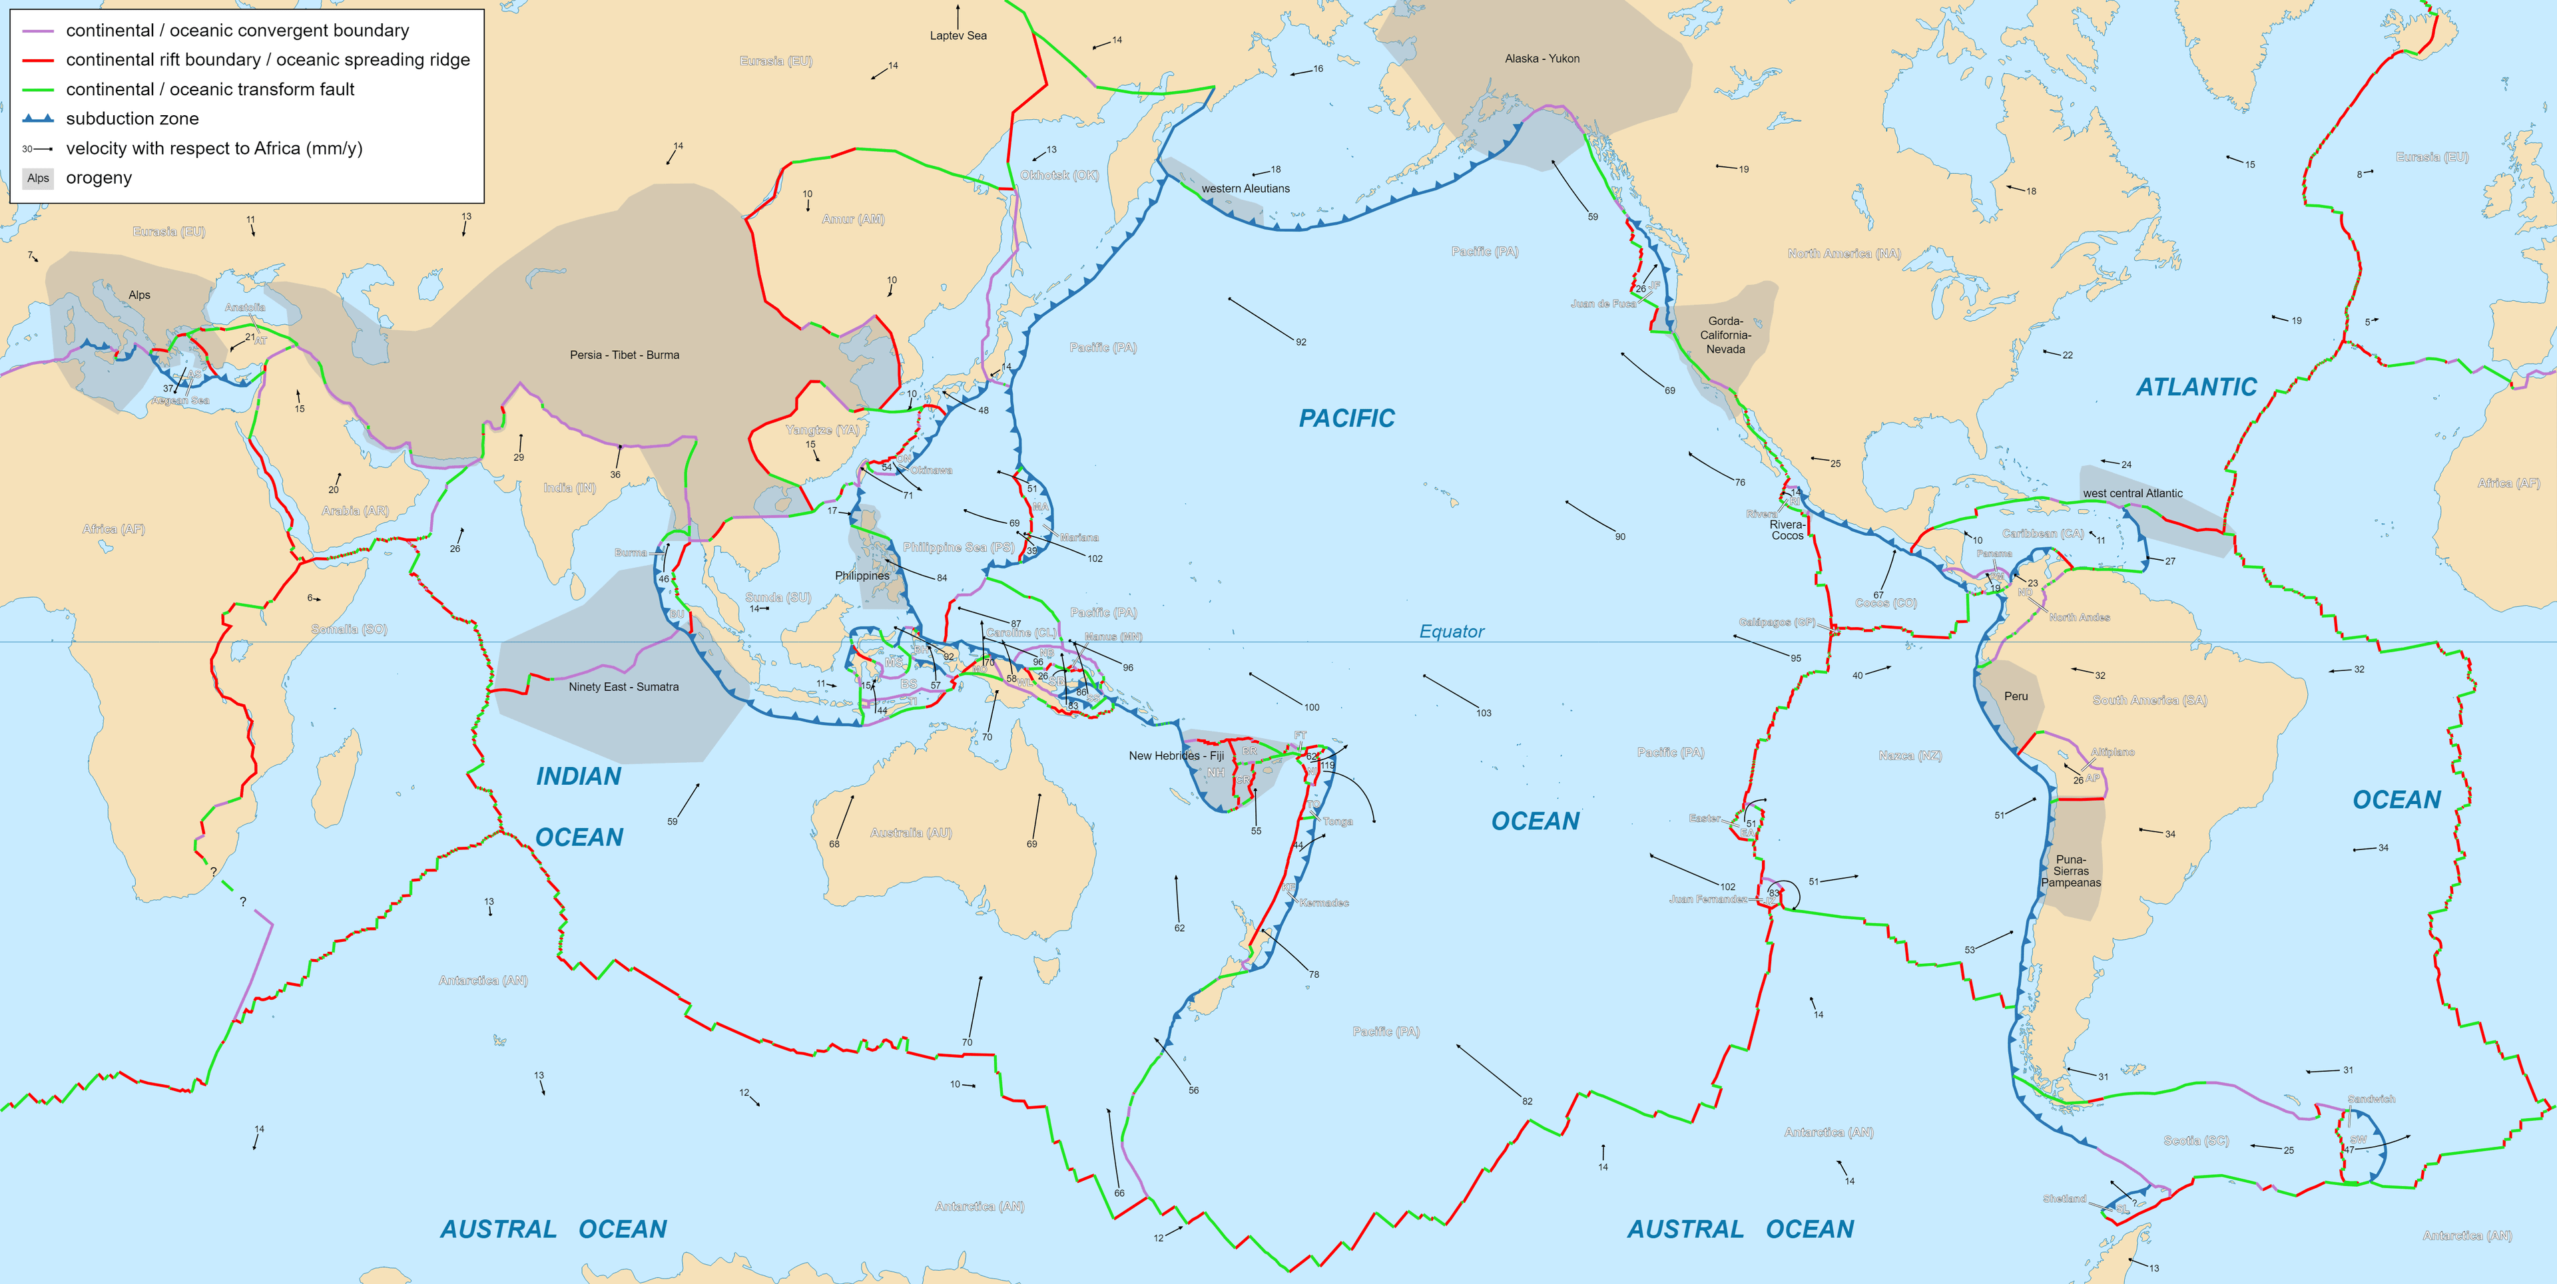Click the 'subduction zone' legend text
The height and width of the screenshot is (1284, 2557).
click(132, 119)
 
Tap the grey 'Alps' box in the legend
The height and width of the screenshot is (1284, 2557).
click(38, 178)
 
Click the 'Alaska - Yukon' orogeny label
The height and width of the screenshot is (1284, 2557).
click(1542, 59)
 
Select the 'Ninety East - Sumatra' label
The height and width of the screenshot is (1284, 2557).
click(623, 687)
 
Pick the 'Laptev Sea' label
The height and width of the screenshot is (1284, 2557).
click(958, 36)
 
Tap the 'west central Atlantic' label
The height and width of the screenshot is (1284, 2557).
click(2132, 493)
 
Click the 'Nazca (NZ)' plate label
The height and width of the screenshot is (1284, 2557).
click(1910, 756)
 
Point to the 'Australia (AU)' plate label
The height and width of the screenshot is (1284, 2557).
click(910, 833)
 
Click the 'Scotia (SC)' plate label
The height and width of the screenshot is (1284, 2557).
click(2195, 1141)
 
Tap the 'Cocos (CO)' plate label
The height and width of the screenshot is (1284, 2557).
click(1885, 603)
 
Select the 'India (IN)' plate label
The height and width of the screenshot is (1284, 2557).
click(570, 488)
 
